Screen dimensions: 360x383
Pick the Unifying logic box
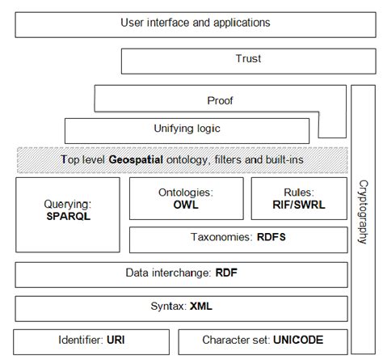pos(186,129)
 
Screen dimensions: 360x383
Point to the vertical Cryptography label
pos(362,212)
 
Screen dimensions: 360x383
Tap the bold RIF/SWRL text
pos(298,205)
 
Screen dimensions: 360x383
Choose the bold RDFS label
pos(271,239)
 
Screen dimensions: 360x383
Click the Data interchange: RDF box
pos(181,273)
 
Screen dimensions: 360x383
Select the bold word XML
pos(200,307)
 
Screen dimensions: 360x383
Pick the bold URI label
pos(116,341)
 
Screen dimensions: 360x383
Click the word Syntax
pos(168,307)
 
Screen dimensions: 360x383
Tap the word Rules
pos(298,193)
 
